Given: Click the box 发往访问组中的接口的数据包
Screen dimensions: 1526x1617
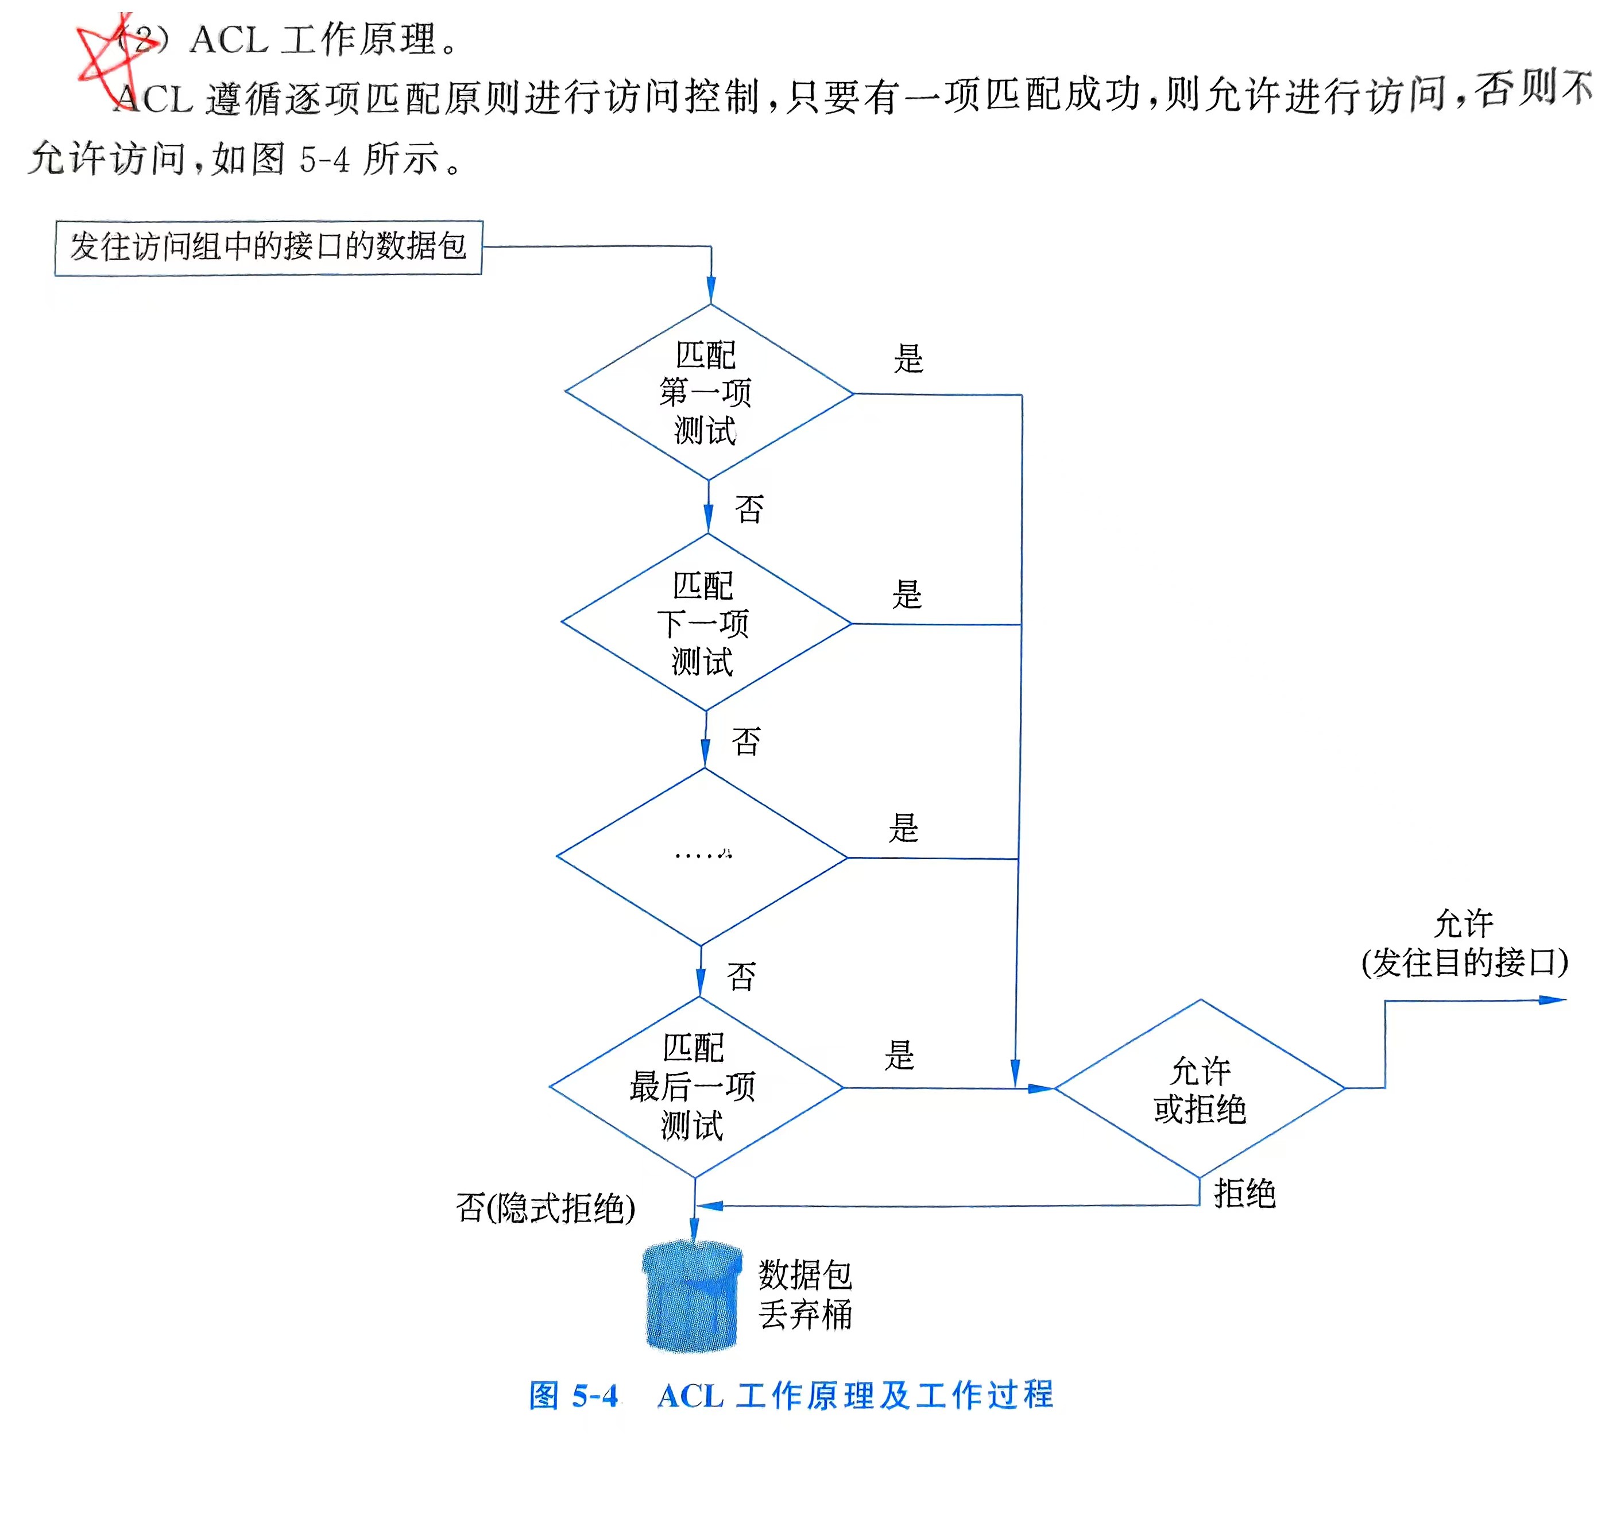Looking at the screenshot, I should (268, 248).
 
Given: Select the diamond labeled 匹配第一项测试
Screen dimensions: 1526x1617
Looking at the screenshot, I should (707, 393).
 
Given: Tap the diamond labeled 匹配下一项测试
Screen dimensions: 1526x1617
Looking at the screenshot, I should (705, 623).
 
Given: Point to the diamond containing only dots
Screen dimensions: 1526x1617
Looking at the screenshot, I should (701, 856).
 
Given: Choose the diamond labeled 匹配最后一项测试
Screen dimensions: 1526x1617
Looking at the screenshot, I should (695, 1087).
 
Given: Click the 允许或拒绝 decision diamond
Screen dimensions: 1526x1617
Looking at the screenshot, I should (1200, 1088).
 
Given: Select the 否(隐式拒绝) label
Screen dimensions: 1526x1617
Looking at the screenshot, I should (546, 1208).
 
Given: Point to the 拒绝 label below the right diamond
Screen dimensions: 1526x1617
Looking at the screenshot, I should (1244, 1194).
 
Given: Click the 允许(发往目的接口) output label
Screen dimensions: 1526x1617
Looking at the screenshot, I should (1464, 944).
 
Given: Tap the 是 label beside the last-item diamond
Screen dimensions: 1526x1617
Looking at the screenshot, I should (900, 1055).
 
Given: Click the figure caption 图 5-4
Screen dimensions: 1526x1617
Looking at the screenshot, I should (574, 1396).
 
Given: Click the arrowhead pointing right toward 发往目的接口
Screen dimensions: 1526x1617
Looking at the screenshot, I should (1554, 1000).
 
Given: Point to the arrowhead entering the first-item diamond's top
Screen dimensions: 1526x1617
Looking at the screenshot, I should (711, 291).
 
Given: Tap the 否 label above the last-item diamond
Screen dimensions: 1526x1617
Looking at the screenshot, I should (741, 976).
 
